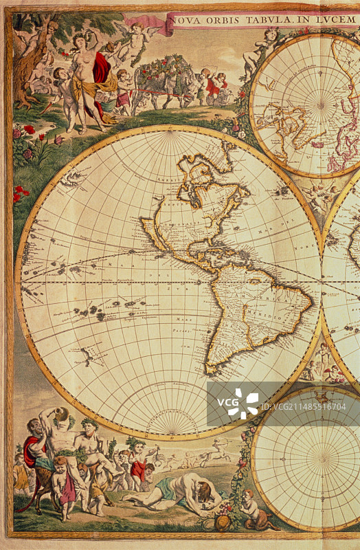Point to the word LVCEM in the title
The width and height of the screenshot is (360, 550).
pyautogui.click(x=337, y=20)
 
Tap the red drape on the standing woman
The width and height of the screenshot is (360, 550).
pyautogui.click(x=102, y=69)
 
